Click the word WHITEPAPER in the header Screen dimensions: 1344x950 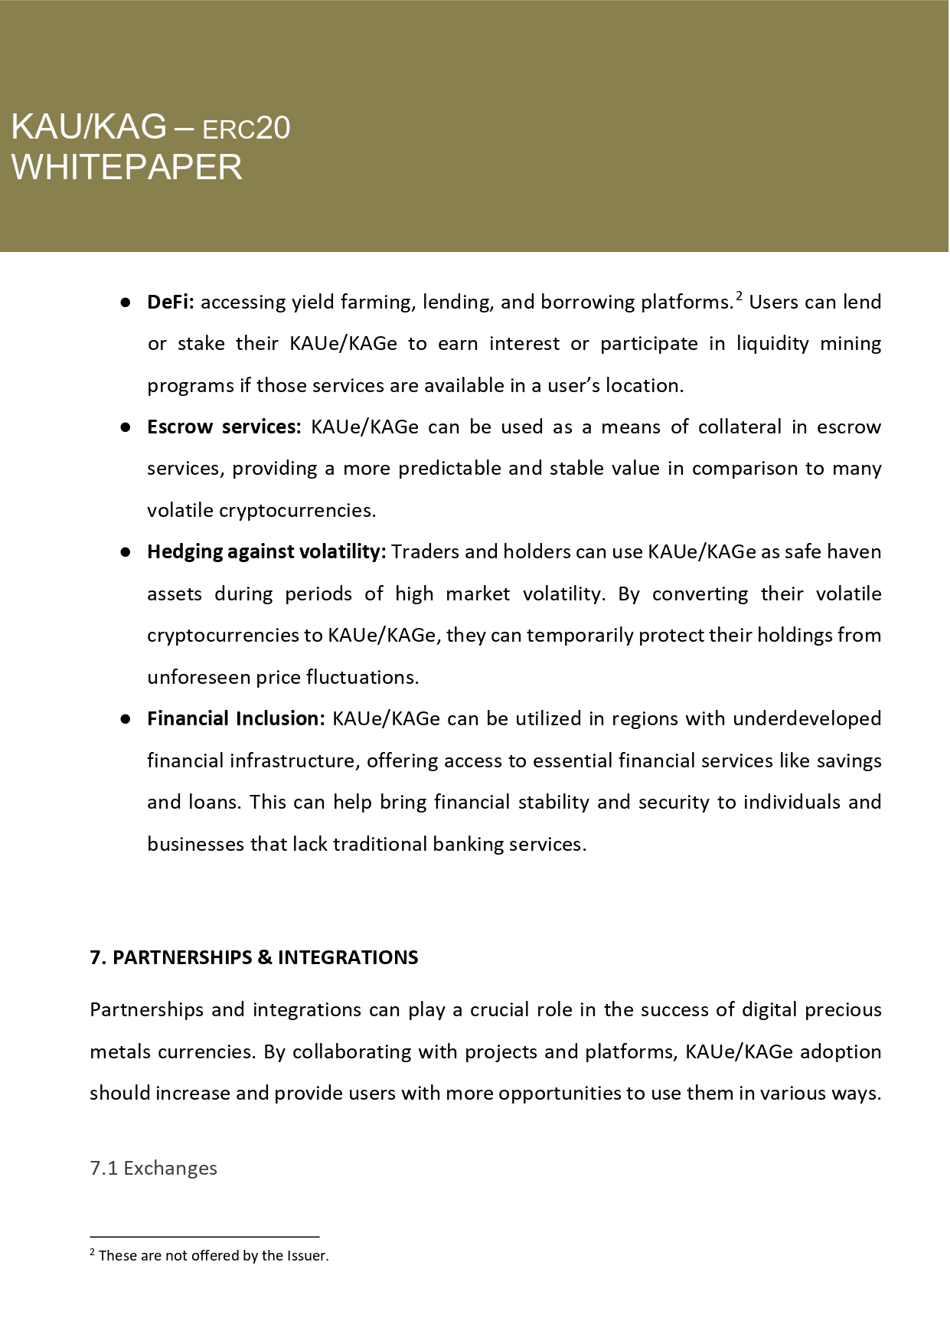coord(127,167)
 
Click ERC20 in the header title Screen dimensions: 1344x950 coord(246,129)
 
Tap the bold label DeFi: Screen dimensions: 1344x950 coord(171,302)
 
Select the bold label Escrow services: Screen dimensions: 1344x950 coord(224,427)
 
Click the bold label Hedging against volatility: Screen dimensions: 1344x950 coord(266,552)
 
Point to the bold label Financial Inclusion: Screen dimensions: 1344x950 coord(236,719)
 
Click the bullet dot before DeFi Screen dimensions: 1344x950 coord(125,302)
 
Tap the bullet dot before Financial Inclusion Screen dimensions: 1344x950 coord(125,719)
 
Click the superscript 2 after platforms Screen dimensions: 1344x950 coord(739,296)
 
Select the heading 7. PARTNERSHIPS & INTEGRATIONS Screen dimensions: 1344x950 coord(254,958)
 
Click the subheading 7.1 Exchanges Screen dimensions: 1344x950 coord(153,1169)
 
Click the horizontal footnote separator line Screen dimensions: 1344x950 coord(204,1236)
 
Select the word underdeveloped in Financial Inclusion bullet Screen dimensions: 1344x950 coord(807,719)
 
